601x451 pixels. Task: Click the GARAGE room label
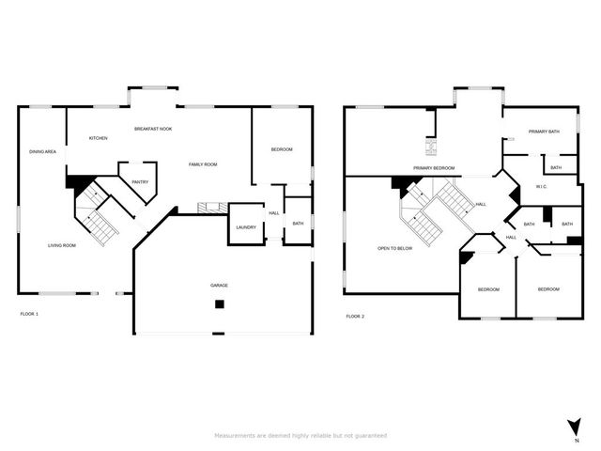click(x=219, y=285)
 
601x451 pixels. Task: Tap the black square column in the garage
click(x=219, y=303)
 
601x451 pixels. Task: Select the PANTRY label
click(x=140, y=182)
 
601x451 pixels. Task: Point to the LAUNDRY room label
click(x=246, y=227)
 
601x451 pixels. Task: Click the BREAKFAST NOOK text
click(x=153, y=129)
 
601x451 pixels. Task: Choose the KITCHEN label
click(x=99, y=138)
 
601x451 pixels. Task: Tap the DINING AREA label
click(x=42, y=151)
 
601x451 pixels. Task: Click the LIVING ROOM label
click(x=62, y=245)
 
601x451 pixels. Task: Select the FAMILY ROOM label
click(x=203, y=164)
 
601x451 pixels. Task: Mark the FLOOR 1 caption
click(x=29, y=313)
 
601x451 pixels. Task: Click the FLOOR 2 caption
click(x=355, y=316)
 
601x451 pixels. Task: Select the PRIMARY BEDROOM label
click(x=434, y=168)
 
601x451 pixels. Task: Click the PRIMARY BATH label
click(x=544, y=132)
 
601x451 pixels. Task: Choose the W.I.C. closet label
click(x=542, y=186)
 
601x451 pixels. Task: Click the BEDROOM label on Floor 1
click(x=282, y=150)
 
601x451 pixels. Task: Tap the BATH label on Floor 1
click(x=298, y=224)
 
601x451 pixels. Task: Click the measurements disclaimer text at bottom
click(x=300, y=435)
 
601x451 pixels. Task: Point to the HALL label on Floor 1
click(x=274, y=213)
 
